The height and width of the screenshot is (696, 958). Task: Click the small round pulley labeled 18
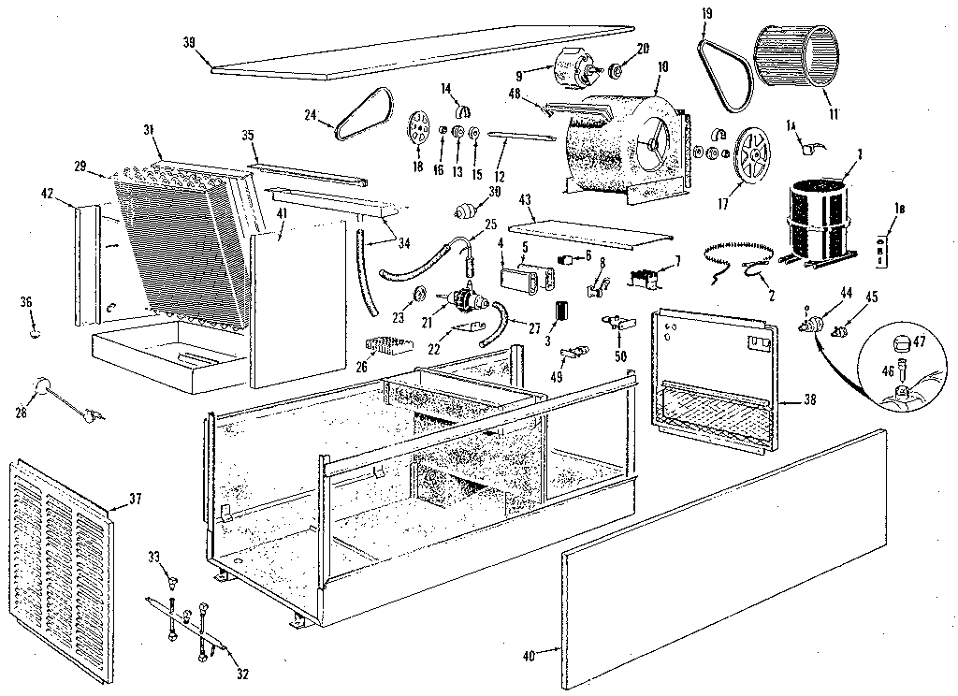(418, 129)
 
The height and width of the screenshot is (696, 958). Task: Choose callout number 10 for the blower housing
(663, 67)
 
